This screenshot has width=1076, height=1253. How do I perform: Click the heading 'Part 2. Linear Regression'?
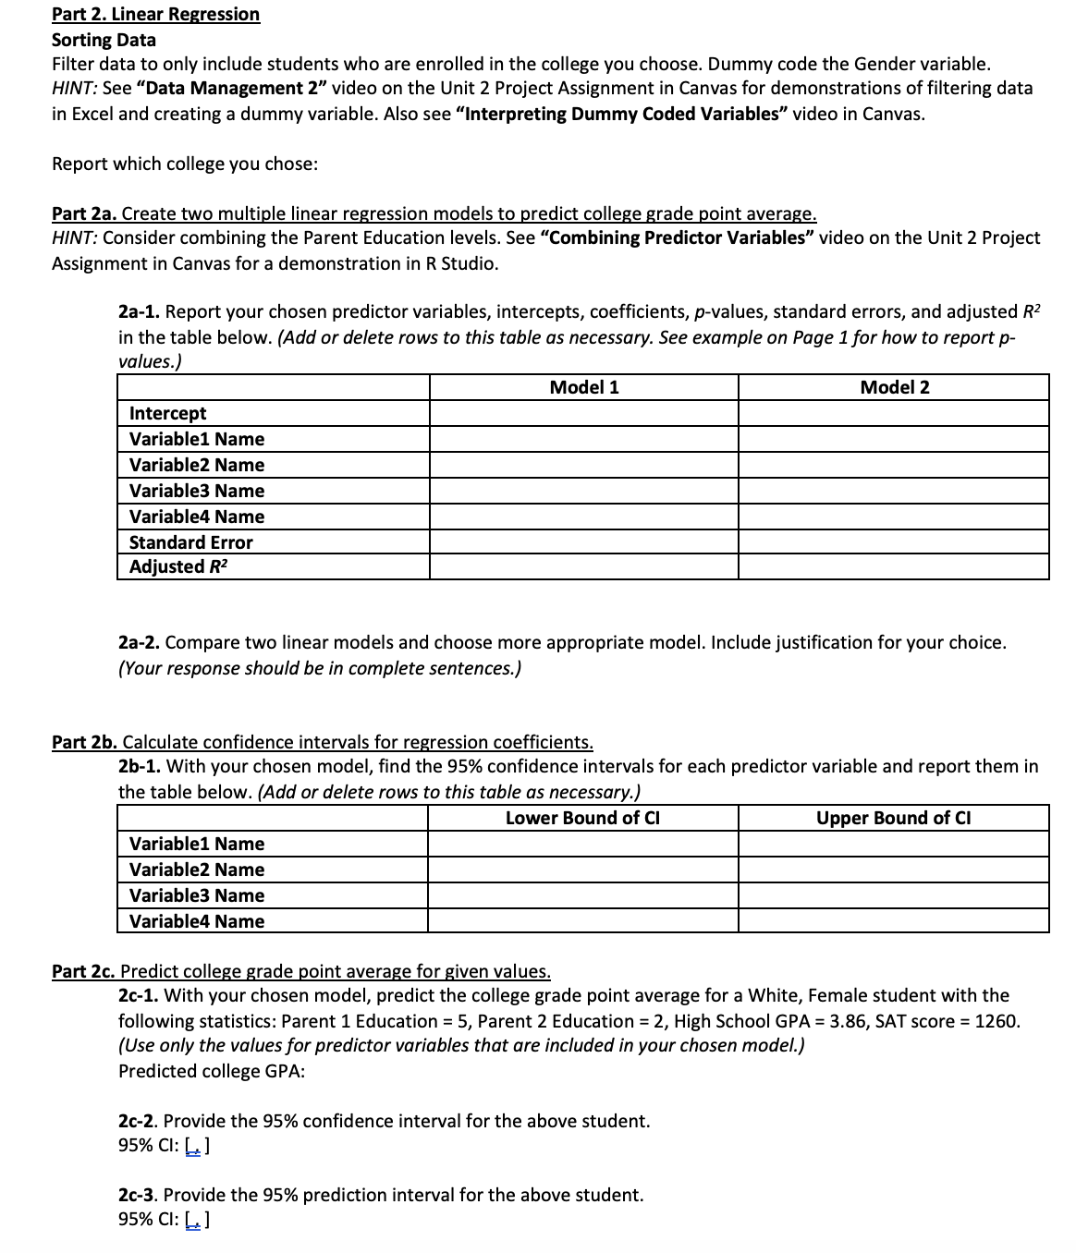coord(155,14)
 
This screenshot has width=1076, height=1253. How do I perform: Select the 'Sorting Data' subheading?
coord(104,40)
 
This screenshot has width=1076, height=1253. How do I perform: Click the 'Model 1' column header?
coord(583,387)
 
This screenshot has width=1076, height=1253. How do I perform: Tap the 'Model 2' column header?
coord(894,387)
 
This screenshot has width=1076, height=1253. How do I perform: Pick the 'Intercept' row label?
coord(168,413)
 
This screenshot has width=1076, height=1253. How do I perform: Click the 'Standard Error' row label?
coord(190,542)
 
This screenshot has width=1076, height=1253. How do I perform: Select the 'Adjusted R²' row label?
coord(178,566)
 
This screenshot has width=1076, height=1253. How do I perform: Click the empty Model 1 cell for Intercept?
coord(583,413)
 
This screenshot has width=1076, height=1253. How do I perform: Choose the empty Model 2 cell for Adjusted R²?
coord(894,566)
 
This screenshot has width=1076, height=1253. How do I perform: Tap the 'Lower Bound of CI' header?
coord(582,818)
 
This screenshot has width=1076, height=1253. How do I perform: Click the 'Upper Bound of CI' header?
coord(893,818)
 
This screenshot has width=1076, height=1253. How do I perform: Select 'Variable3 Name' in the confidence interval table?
coord(197,895)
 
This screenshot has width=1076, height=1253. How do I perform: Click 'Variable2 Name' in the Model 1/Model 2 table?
coord(197,465)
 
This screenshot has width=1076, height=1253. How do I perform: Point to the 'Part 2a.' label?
coord(84,213)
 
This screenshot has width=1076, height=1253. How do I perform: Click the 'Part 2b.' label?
coord(85,742)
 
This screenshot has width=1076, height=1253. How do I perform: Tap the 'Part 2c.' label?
coord(84,971)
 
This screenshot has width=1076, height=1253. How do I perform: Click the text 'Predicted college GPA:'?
coord(212,1071)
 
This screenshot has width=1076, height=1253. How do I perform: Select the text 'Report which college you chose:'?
coord(185,164)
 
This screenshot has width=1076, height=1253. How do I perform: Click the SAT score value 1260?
coord(995,1021)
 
